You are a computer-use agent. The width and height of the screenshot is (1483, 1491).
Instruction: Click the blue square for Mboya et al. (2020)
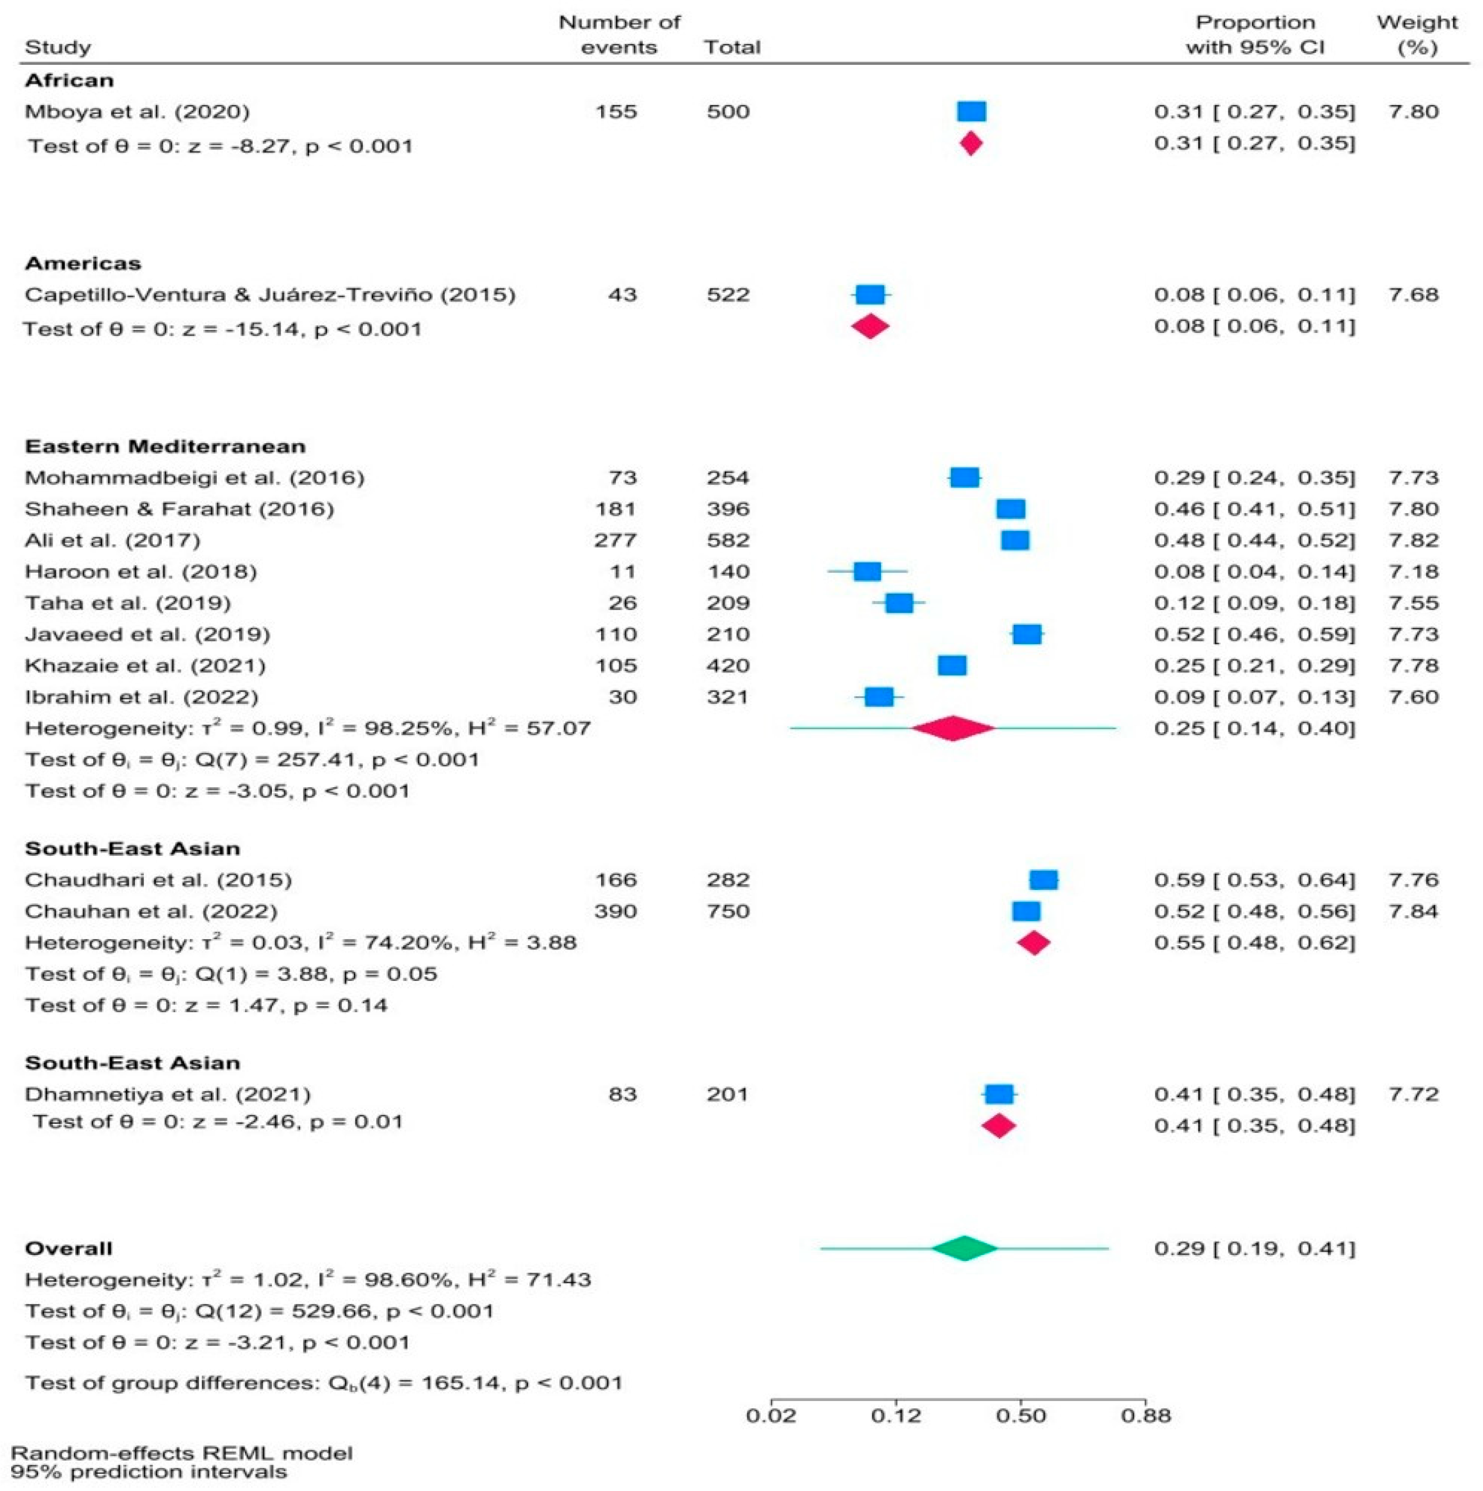[971, 112]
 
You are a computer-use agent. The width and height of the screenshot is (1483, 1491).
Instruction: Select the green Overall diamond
[964, 1248]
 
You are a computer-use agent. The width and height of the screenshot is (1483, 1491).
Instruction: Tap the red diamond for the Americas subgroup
[870, 326]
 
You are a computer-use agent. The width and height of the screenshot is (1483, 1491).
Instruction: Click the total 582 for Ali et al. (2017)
[728, 540]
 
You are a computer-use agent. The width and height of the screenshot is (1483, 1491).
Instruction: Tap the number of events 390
[615, 911]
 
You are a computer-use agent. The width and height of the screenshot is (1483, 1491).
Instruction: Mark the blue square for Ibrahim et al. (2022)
[879, 697]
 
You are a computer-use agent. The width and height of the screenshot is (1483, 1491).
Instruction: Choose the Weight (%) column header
[1417, 35]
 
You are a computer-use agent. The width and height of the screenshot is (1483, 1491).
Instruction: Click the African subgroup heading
[70, 81]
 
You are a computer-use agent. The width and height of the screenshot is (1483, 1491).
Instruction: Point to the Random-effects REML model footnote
[181, 1453]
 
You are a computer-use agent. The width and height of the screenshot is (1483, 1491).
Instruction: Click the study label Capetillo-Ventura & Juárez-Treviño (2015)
[270, 295]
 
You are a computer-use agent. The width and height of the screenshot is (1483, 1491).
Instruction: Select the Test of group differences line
[324, 1382]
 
